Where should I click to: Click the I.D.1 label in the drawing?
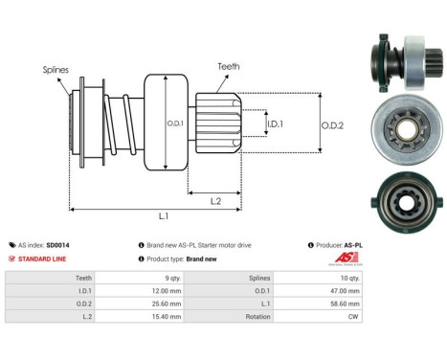point(276,124)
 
